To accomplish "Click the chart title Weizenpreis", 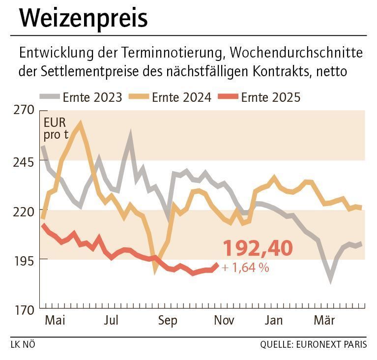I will [x=83, y=18].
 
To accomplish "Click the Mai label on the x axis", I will [x=55, y=321].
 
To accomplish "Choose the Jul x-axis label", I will [x=111, y=321].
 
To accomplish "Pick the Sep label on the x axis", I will [x=168, y=321].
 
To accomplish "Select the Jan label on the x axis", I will [x=273, y=321].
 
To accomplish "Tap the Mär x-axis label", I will [x=324, y=321].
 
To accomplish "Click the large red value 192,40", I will [x=258, y=248].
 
